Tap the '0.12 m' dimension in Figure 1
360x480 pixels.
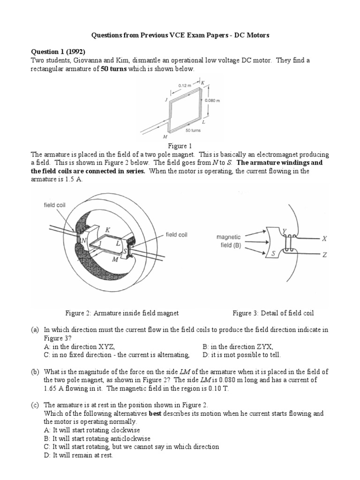pyautogui.click(x=185, y=85)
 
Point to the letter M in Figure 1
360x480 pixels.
pyautogui.click(x=165, y=137)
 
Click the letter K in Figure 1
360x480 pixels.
pyautogui.click(x=202, y=82)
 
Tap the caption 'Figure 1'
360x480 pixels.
pyautogui.click(x=180, y=146)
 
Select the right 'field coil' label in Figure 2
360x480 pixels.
pyautogui.click(x=177, y=235)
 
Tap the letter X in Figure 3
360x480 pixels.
pyautogui.click(x=323, y=239)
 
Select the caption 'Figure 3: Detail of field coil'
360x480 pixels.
pyautogui.click(x=273, y=313)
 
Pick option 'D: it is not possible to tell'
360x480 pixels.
pyautogui.click(x=241, y=355)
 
